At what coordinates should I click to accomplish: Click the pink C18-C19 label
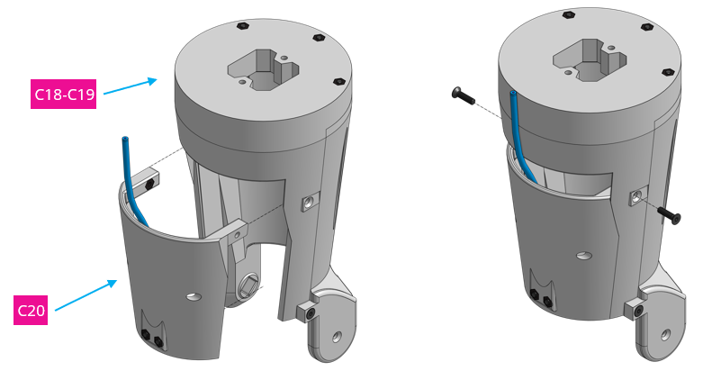tap(64, 94)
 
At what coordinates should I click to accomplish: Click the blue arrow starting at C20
tap(86, 296)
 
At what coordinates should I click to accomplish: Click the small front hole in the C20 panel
tap(194, 295)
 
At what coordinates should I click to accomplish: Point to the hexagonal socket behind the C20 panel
tap(249, 288)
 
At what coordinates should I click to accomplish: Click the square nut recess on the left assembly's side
tap(307, 203)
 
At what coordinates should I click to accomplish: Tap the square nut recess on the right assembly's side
tap(635, 194)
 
